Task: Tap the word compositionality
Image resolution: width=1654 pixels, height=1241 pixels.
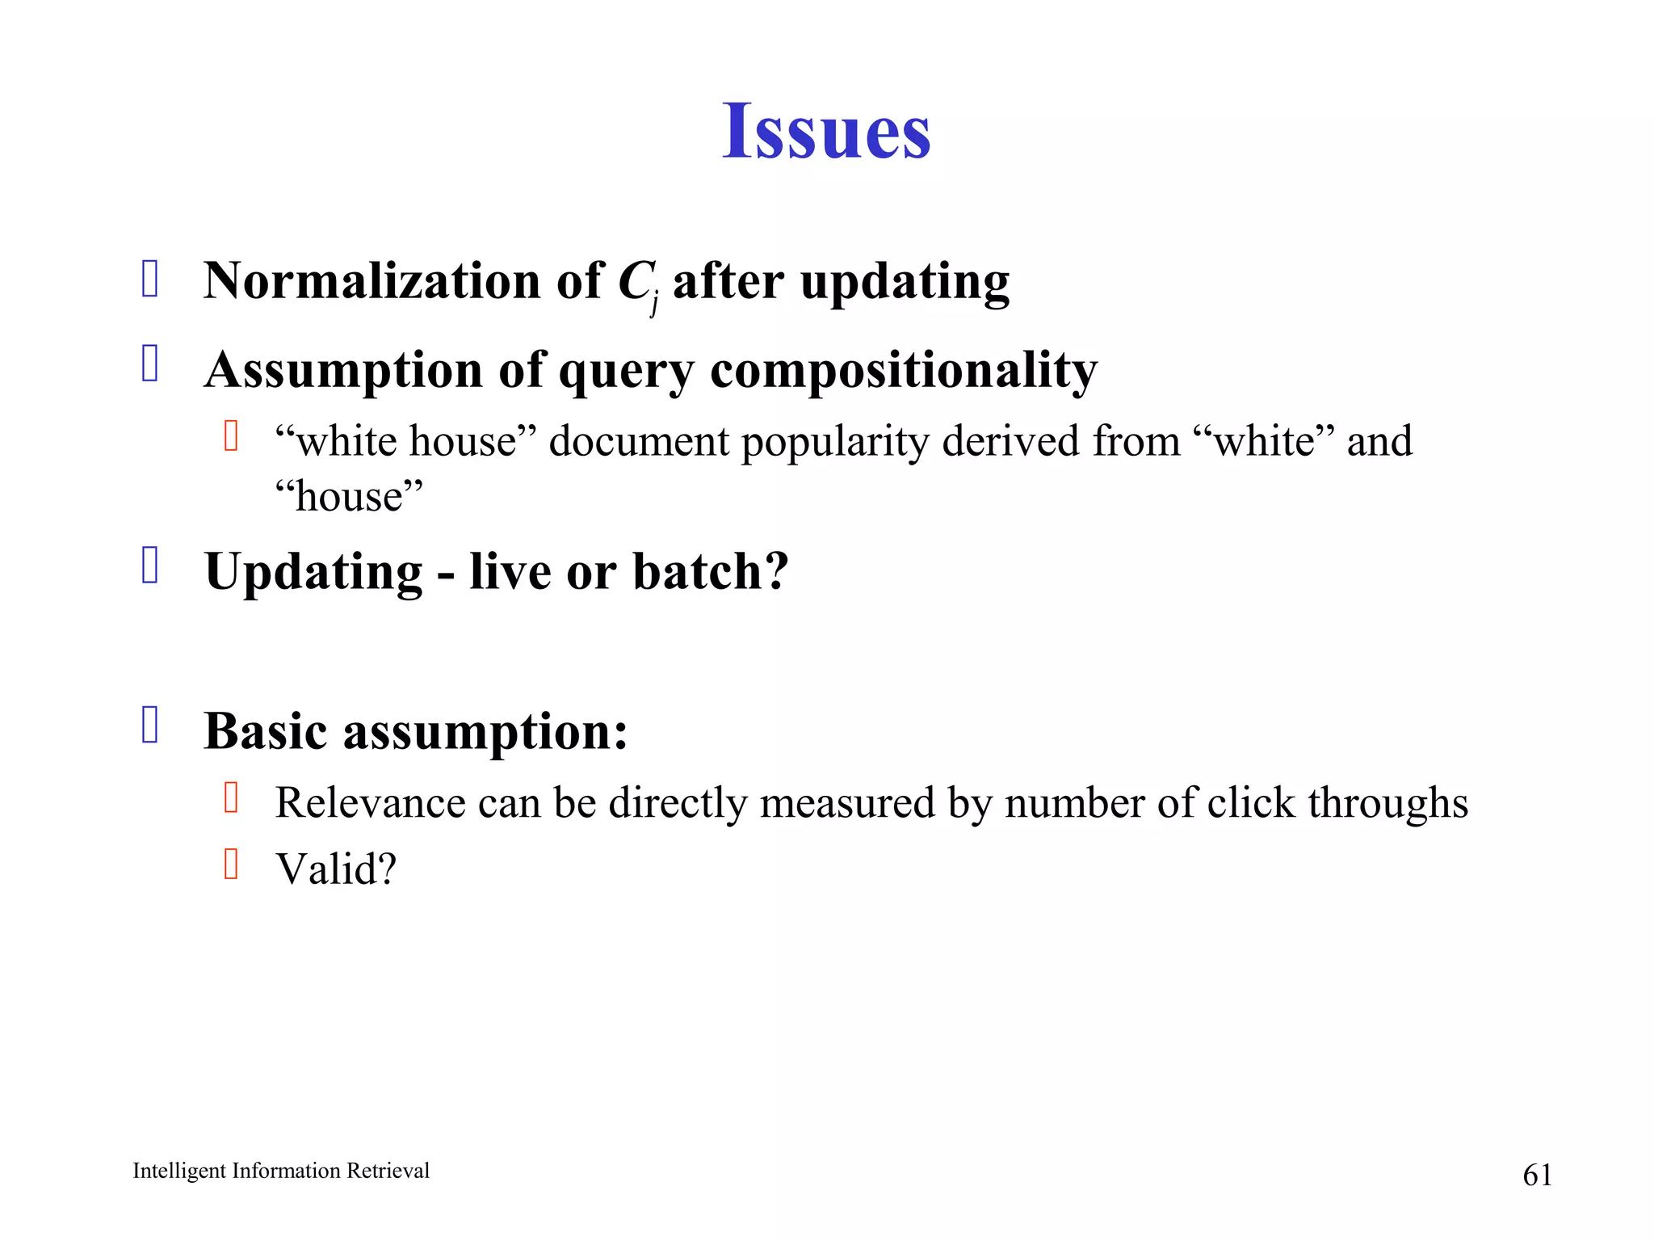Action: coord(904,370)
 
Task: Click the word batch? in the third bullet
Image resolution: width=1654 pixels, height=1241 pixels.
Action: coord(710,571)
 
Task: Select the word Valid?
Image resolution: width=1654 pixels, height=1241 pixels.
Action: coord(336,869)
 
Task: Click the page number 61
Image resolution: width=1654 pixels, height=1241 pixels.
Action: coord(1537,1175)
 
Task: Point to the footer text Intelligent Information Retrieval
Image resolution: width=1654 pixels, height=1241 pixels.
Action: coord(281,1171)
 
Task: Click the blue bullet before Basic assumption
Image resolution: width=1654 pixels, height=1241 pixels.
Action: coord(150,725)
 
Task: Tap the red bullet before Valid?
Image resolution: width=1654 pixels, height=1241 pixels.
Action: coord(231,864)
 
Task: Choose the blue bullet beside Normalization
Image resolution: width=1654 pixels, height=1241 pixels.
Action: coord(150,279)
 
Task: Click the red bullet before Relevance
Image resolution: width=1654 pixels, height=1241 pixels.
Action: coord(231,797)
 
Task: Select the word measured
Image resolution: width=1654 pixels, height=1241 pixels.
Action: coord(847,803)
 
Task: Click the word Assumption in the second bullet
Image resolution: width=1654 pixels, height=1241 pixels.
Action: coord(344,370)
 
